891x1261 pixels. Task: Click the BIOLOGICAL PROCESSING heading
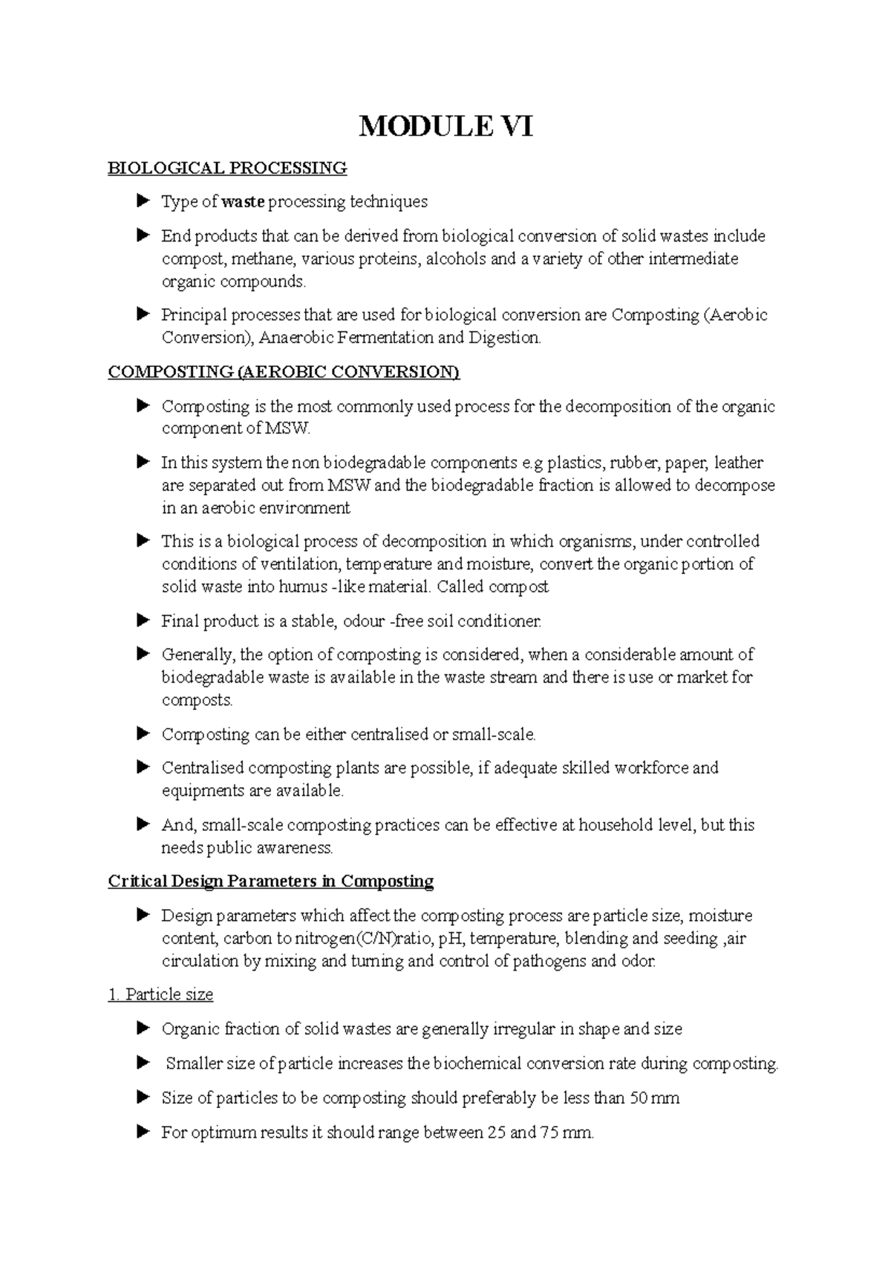(227, 168)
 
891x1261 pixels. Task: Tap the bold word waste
(244, 202)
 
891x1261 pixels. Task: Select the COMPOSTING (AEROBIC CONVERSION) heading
(284, 372)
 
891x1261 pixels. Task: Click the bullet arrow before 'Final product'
(143, 620)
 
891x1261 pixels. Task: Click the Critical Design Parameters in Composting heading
(270, 882)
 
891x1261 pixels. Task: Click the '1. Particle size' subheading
(160, 994)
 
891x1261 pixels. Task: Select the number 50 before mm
(637, 1098)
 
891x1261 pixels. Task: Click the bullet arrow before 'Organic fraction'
(143, 1029)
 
